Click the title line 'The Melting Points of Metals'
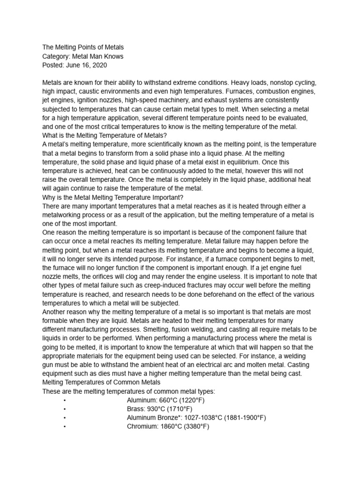83,47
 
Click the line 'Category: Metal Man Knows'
82,56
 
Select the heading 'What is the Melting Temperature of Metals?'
105,135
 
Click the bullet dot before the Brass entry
63,409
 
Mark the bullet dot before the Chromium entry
63,427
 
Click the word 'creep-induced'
146,285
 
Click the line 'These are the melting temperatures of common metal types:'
128,391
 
